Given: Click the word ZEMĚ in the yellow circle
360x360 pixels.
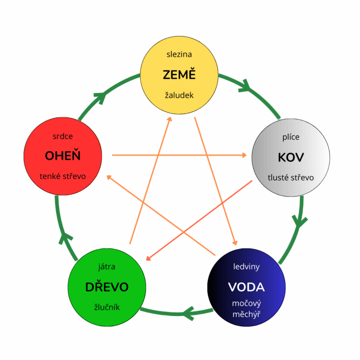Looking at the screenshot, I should (179, 75).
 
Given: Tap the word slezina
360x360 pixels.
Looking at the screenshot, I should (179, 54).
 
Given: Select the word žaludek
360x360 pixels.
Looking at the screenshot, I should (179, 96).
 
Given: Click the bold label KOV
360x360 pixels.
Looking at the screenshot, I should (291, 157).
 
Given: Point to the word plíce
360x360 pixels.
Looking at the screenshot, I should (291, 137).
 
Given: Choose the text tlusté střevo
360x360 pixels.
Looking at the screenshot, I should (291, 178).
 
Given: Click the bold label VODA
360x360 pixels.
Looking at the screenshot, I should (246, 286).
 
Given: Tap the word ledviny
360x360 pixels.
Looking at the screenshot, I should (247, 267).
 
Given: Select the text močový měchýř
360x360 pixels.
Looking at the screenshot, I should (247, 308).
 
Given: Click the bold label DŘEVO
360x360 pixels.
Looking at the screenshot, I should (107, 287).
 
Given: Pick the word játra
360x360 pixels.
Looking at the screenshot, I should (107, 267).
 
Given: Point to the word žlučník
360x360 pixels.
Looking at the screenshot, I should (107, 307).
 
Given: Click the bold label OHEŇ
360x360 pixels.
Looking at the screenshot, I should (63, 156).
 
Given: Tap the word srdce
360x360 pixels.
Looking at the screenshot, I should (63, 136).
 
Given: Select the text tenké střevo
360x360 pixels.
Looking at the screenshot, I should (63, 176).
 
